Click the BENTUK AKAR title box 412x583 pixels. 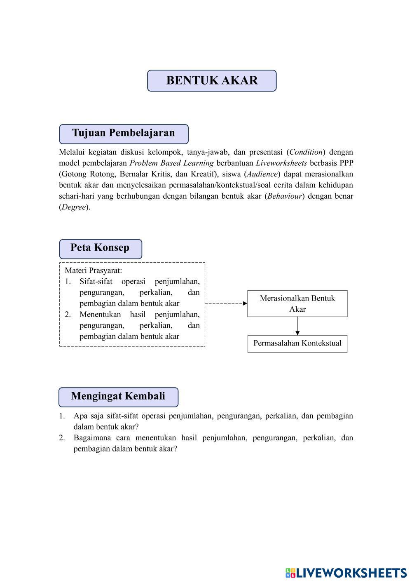click(x=212, y=80)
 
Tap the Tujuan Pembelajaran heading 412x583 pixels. click(x=124, y=133)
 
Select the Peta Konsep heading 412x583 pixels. click(x=100, y=248)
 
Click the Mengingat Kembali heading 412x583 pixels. click(x=118, y=396)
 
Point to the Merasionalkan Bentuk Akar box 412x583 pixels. click(x=297, y=303)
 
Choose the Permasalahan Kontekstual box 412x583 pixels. click(x=297, y=343)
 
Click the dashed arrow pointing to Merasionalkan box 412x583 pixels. click(x=226, y=303)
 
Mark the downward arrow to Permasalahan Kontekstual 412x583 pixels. click(x=297, y=326)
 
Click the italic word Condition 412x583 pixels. click(x=306, y=152)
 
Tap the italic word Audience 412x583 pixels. click(x=262, y=174)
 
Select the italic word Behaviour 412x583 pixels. click(x=285, y=196)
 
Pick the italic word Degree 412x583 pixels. click(x=74, y=207)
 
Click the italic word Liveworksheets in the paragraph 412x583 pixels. click(x=281, y=163)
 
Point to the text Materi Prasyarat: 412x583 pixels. click(x=94, y=270)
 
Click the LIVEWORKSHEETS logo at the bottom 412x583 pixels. click(x=346, y=573)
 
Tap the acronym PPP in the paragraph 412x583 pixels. click(x=346, y=163)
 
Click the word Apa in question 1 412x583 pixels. click(x=80, y=416)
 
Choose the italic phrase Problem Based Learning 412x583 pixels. click(x=171, y=163)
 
